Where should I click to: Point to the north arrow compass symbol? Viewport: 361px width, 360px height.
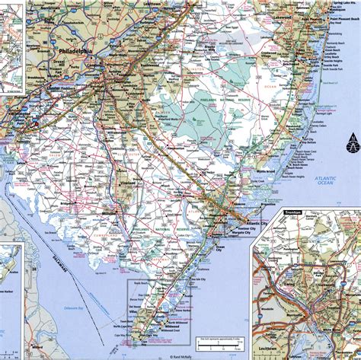click(x=353, y=145)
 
